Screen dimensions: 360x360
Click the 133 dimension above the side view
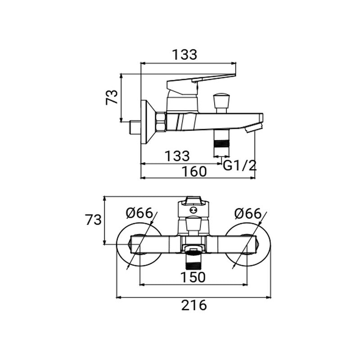pyautogui.click(x=184, y=54)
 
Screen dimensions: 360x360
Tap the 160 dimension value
pyautogui.click(x=194, y=171)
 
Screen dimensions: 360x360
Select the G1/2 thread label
pyautogui.click(x=239, y=165)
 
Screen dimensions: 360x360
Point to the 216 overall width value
pyautogui.click(x=194, y=305)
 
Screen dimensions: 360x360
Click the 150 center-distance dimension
pyautogui.click(x=193, y=277)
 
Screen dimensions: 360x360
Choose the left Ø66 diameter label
pyautogui.click(x=139, y=213)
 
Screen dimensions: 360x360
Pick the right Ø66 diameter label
pyautogui.click(x=248, y=213)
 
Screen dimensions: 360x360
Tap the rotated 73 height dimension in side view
pyautogui.click(x=112, y=97)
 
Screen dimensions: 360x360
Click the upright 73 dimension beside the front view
pyautogui.click(x=94, y=220)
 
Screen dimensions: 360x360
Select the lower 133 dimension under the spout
pyautogui.click(x=177, y=156)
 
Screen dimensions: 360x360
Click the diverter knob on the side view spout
pyautogui.click(x=221, y=100)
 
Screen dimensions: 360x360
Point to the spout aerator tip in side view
pyautogui.click(x=253, y=128)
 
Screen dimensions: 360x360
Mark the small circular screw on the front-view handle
pyautogui.click(x=193, y=210)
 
